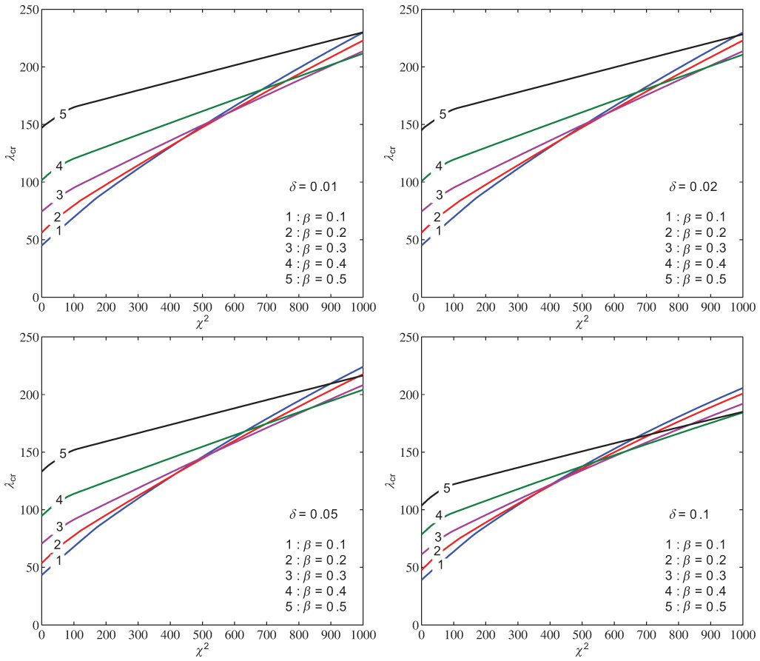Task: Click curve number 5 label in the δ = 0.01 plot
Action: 63,114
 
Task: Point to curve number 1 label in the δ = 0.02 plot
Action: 438,231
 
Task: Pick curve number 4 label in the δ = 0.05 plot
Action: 58,500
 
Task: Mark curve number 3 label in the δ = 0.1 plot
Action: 438,537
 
